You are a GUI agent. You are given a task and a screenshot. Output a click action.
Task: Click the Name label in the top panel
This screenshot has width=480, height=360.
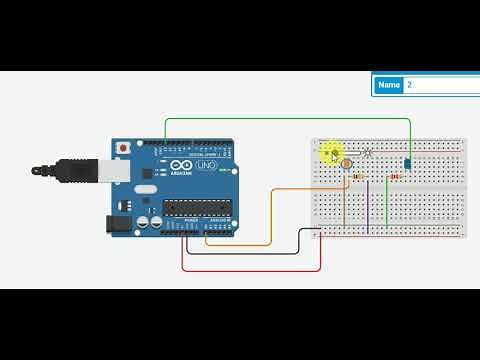(x=389, y=85)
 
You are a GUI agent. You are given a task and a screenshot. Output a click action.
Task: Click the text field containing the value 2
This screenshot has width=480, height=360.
(x=441, y=85)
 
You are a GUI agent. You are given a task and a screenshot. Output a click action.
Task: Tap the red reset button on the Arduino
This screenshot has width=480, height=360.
(x=123, y=148)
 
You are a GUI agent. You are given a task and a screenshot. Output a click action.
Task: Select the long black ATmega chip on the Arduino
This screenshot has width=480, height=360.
(x=197, y=207)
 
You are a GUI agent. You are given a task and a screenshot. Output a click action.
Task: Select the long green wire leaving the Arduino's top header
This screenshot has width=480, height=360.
(x=290, y=119)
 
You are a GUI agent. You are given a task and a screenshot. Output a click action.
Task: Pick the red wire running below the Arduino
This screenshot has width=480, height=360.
(x=250, y=269)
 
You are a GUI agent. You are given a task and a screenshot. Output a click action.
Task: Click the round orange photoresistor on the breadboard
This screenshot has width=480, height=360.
(x=347, y=162)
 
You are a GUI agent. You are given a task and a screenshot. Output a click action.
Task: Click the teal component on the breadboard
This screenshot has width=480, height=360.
(x=409, y=162)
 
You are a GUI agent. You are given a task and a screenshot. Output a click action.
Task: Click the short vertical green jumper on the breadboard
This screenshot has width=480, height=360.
(x=387, y=205)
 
